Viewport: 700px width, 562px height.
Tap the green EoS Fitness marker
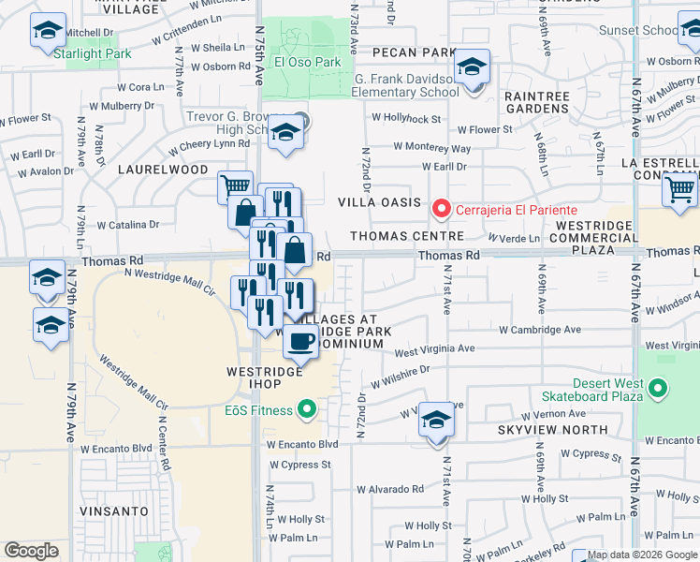(306, 408)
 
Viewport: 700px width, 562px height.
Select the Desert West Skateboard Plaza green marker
(658, 387)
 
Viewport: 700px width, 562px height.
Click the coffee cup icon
(300, 342)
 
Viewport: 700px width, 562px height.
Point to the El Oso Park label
(307, 62)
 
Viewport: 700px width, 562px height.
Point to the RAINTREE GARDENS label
(537, 102)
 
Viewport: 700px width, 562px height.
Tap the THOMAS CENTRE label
(407, 236)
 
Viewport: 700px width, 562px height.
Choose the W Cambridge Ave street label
(540, 330)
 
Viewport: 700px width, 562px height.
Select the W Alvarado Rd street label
(390, 489)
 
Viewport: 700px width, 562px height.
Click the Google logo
(32, 550)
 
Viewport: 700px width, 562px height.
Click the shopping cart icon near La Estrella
(679, 190)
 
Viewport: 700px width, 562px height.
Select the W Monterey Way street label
(431, 147)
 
